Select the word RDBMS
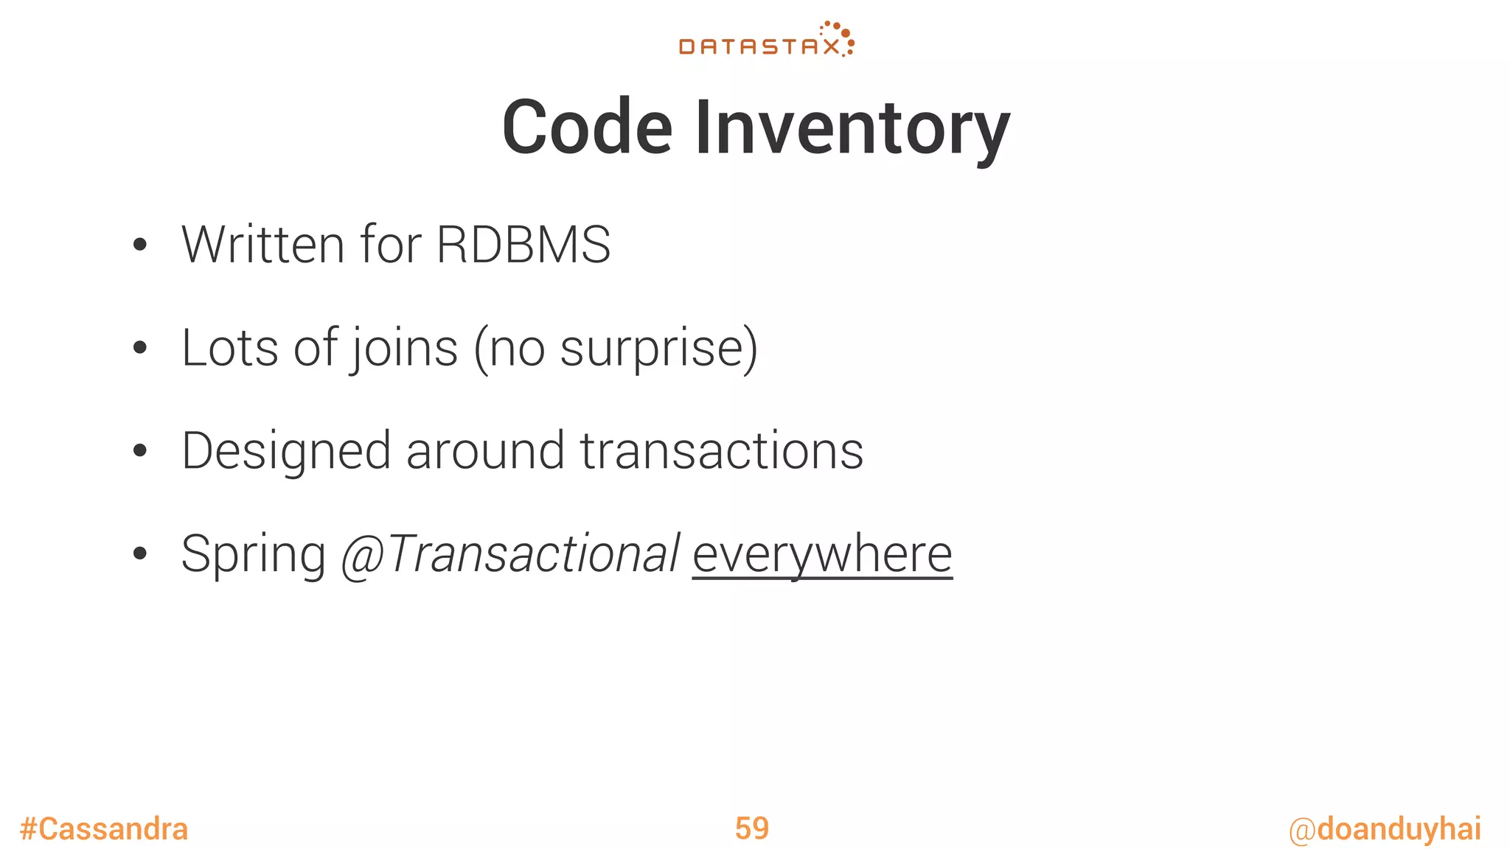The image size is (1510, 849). click(x=523, y=245)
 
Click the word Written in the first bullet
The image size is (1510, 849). click(x=262, y=245)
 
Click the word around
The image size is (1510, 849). click(x=485, y=451)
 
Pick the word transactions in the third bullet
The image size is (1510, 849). click(x=721, y=451)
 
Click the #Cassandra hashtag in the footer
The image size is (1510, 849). click(x=104, y=829)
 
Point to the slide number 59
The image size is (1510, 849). click(x=751, y=828)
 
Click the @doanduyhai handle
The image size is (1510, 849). click(x=1385, y=829)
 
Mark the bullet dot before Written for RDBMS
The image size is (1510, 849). click(x=140, y=245)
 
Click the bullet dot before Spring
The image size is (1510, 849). click(x=140, y=553)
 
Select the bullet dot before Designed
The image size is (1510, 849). click(x=140, y=451)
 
